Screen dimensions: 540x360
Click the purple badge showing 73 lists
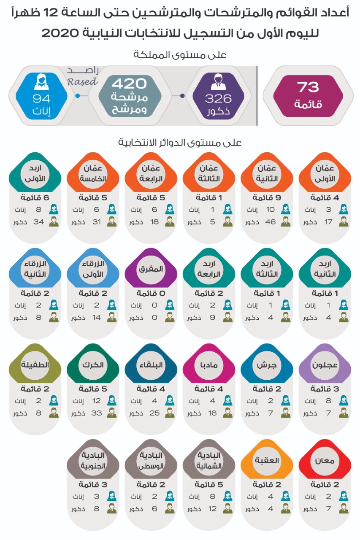coord(308,95)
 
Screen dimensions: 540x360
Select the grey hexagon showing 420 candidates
coord(130,96)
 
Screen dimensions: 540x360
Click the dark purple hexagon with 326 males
coord(218,96)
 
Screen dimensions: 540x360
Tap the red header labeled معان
coord(324,461)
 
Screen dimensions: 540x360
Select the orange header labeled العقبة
coord(267,461)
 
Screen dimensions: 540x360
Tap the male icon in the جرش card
coord(286,413)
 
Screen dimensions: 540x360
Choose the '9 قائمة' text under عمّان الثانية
coord(267,197)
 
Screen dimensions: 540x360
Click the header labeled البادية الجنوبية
coord(93,461)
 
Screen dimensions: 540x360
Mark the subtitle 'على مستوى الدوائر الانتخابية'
coord(180,143)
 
